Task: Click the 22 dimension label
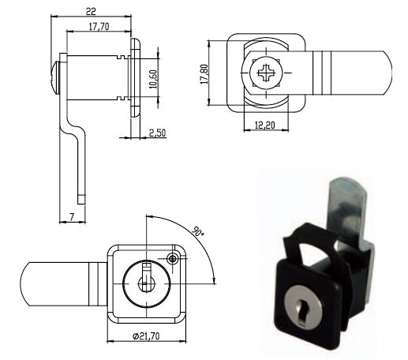91,11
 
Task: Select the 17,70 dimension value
99,27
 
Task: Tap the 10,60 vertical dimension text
153,79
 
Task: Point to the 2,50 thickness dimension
157,133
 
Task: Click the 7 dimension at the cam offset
72,217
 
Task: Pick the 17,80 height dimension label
204,74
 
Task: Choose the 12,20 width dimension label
265,126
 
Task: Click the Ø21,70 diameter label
146,336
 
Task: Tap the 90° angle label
197,231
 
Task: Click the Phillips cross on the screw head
266,73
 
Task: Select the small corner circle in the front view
173,259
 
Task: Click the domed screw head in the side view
56,77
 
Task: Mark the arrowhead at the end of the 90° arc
214,280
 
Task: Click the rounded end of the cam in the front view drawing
25,284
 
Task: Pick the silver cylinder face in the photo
303,307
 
